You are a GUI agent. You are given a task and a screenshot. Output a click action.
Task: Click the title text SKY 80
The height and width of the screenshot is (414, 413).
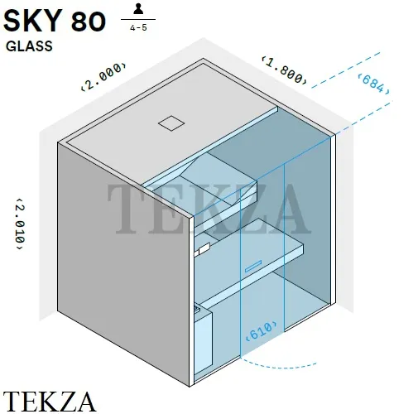tap(55, 22)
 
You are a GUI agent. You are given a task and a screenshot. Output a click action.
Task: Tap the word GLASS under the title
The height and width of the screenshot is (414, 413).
tap(29, 46)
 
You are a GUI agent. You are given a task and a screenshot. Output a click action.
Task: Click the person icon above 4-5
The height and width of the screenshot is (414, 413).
tap(138, 8)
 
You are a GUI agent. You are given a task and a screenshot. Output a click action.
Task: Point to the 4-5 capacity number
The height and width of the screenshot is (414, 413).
tap(138, 27)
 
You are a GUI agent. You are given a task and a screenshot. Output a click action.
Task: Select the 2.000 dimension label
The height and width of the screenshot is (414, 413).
tap(104, 76)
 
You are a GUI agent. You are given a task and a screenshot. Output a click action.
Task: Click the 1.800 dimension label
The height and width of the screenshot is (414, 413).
tap(284, 70)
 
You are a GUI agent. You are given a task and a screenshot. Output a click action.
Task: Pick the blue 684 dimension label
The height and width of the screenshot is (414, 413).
tap(373, 84)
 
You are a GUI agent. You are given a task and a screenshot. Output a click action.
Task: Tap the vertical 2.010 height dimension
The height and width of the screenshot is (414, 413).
tap(20, 224)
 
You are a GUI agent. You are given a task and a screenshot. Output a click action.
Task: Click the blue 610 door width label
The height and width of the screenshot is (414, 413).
tap(262, 330)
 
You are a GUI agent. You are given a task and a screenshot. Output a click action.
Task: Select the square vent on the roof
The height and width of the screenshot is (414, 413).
tap(171, 123)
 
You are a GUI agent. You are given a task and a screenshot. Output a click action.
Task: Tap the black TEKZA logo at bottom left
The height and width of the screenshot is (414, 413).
tap(50, 402)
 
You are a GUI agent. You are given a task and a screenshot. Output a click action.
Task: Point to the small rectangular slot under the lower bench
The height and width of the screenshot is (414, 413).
tap(253, 266)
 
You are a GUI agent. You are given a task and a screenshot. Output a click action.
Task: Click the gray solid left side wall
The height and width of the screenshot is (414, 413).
tap(123, 264)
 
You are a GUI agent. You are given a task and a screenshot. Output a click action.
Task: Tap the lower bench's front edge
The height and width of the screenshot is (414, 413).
tap(251, 277)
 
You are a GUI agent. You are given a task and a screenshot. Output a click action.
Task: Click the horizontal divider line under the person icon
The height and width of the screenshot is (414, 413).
tap(138, 20)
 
